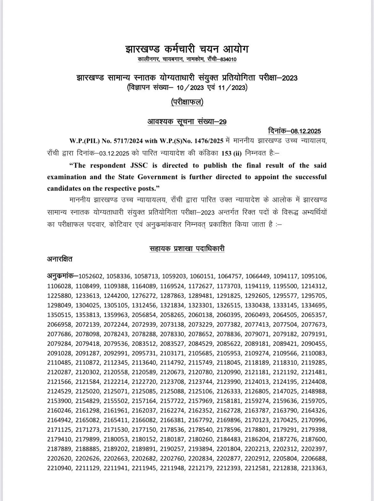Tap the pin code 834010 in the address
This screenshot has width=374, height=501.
(227, 59)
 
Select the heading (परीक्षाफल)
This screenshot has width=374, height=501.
(187, 102)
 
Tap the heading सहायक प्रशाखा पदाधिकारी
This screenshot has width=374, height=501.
(187, 248)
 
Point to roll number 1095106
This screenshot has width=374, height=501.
(315, 276)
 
